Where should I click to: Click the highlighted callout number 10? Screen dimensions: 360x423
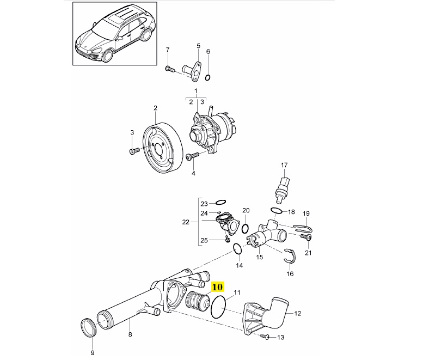[x=217, y=286]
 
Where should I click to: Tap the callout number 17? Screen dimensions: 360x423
[x=283, y=164]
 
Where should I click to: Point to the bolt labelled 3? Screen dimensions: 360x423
[x=133, y=151]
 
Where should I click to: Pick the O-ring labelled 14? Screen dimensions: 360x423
[x=237, y=249]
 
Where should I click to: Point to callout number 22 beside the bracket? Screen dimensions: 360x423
[x=186, y=222]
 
